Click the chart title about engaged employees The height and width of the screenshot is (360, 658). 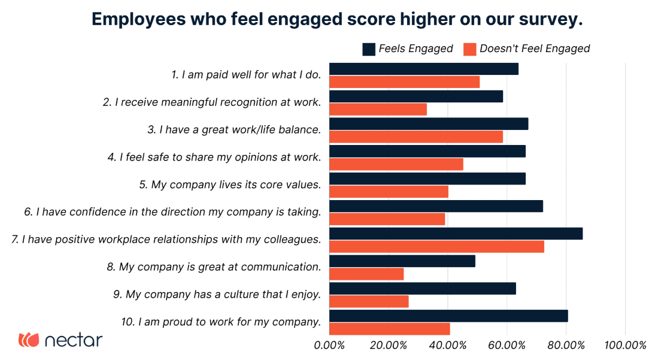[336, 19]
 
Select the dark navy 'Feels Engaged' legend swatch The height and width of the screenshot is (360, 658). [369, 49]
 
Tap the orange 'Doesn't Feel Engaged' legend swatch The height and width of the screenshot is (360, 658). [470, 49]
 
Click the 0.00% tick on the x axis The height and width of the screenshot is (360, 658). [329, 346]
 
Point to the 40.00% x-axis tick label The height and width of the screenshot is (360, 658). [447, 346]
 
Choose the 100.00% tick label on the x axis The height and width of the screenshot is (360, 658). [624, 346]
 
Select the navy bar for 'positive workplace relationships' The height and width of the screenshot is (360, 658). [456, 234]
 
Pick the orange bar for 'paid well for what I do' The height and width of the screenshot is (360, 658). [404, 82]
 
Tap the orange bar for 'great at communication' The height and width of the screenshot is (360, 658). [366, 274]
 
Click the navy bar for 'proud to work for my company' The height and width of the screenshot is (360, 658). [448, 316]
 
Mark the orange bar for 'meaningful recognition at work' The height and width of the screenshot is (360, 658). [378, 109]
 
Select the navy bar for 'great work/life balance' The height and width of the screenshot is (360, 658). [429, 123]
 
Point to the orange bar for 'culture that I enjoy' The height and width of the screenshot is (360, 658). [369, 301]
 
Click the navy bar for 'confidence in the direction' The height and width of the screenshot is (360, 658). [436, 206]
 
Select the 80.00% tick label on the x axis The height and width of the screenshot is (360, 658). [565, 346]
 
